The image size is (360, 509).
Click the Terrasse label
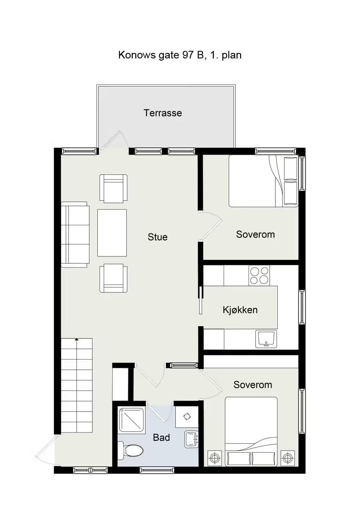coord(163,113)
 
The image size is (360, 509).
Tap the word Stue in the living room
coord(158,237)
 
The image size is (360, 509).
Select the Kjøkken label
coord(240,310)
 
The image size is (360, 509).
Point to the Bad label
coord(161,437)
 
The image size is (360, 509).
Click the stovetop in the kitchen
coord(259,276)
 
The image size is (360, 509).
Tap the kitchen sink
coord(266,339)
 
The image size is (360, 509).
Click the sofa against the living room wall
coord(75,234)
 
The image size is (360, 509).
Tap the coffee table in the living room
coord(112,233)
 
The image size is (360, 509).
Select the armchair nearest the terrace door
coord(114,188)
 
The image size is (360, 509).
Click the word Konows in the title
coord(137,55)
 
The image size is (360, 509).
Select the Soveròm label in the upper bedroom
coord(255,234)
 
